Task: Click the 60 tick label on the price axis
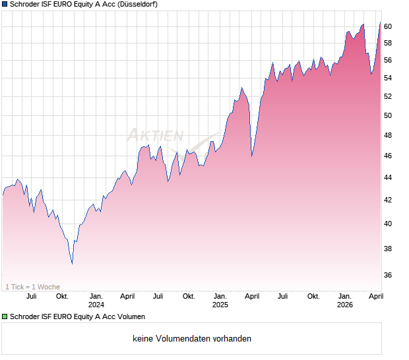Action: pos(389,26)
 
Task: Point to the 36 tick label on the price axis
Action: pos(389,275)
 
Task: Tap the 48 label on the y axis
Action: pos(389,136)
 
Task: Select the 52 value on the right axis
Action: pos(389,96)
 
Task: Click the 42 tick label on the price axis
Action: pos(389,200)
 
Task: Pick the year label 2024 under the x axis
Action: pos(96,305)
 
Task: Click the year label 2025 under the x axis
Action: pos(220,305)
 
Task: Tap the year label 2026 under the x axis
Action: pos(344,305)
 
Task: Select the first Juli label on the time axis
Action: pos(31,296)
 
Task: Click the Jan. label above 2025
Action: pos(220,296)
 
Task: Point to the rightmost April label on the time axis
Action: pos(375,296)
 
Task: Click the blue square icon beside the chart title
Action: pos(5,5)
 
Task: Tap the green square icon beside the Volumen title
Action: pos(5,317)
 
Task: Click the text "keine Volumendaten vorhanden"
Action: pos(192,339)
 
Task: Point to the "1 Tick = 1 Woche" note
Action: pos(33,287)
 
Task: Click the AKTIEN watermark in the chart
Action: pos(155,136)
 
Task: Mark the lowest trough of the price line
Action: pos(72,264)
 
